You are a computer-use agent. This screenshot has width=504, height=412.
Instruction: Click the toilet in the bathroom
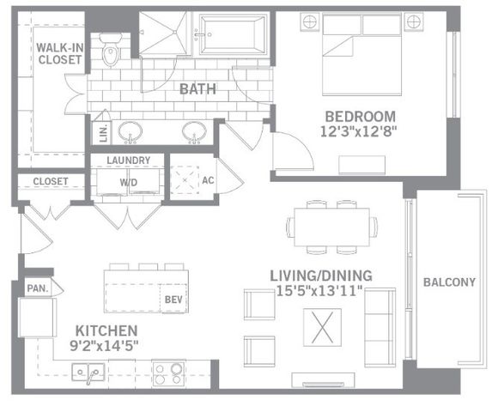click(x=111, y=50)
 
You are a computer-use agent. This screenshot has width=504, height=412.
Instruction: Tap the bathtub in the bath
click(x=232, y=34)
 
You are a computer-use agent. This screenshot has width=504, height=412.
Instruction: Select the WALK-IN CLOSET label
click(x=60, y=54)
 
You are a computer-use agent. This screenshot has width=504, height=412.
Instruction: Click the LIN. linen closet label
click(x=103, y=133)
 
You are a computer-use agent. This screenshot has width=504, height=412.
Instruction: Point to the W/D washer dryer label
click(x=129, y=183)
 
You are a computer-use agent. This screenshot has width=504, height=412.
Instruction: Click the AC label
click(x=208, y=180)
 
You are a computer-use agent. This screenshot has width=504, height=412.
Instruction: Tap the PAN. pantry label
click(x=38, y=288)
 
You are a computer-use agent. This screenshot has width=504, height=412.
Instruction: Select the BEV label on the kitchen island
click(x=173, y=300)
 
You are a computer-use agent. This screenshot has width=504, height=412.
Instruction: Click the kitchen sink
click(x=88, y=373)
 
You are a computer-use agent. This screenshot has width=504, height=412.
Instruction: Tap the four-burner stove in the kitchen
click(x=169, y=373)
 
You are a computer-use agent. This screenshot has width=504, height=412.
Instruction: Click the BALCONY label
click(x=449, y=282)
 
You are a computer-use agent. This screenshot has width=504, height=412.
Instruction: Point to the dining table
click(x=331, y=227)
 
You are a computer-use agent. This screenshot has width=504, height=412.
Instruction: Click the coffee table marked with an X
click(x=322, y=328)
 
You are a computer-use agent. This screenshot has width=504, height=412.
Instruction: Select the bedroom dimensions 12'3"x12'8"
click(x=359, y=131)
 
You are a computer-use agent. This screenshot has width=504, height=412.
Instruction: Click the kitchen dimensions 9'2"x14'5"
click(x=104, y=346)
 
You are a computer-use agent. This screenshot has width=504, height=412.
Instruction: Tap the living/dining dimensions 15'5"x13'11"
click(x=319, y=291)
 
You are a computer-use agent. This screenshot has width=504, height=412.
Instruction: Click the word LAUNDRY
click(x=129, y=161)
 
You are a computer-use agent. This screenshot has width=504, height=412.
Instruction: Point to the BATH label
click(x=197, y=89)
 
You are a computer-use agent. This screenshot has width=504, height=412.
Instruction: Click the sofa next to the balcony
click(x=380, y=328)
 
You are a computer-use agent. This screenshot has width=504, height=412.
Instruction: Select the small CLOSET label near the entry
click(x=51, y=181)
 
